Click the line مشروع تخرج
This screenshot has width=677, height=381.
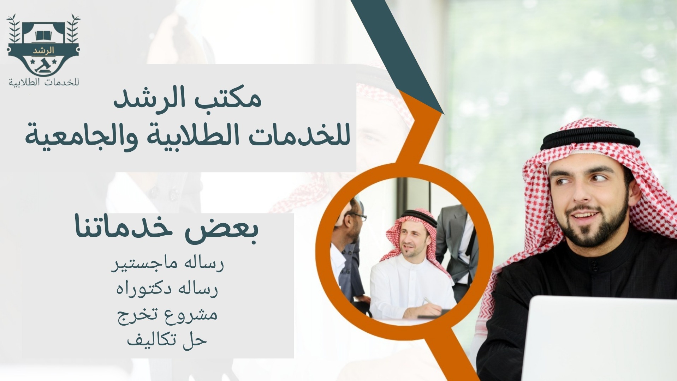click(167, 314)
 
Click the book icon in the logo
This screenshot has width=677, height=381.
click(43, 35)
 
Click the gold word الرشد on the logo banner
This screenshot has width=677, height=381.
click(43, 50)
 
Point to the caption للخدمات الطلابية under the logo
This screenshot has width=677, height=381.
click(44, 82)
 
